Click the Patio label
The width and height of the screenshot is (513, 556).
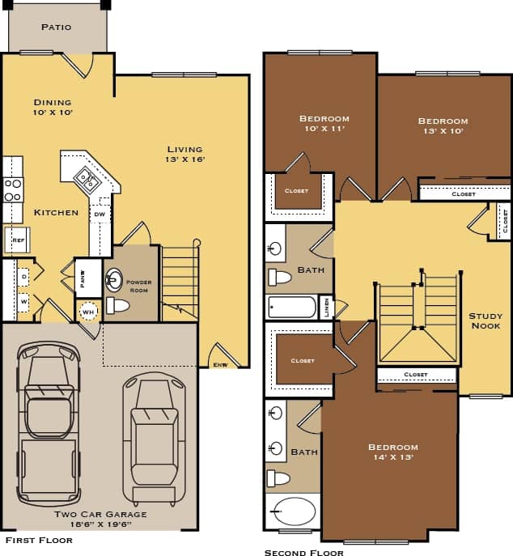point(56,27)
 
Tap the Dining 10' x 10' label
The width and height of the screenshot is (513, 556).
point(53,108)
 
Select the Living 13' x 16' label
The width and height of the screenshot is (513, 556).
point(186,154)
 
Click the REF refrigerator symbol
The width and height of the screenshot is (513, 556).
point(18,240)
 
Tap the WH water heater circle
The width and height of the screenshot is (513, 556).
point(88,311)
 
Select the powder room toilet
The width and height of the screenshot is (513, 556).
point(119,306)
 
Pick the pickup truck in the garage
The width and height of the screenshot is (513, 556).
point(50,421)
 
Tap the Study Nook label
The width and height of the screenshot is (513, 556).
point(485,320)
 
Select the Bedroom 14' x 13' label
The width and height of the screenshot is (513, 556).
point(392,452)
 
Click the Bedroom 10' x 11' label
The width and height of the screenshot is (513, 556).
point(324,124)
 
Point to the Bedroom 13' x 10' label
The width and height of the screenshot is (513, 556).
point(443,126)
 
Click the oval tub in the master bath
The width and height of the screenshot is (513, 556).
point(294,512)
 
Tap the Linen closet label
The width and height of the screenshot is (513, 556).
point(327,308)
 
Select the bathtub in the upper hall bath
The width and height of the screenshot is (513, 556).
point(292,307)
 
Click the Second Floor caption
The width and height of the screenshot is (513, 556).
point(303,552)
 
